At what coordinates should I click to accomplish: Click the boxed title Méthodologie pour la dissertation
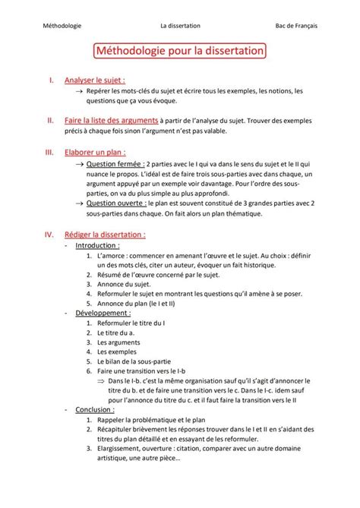[x=180, y=52]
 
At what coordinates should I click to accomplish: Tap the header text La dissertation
[x=180, y=25]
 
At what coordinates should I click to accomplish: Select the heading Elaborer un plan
[x=95, y=151]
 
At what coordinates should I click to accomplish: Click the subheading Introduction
[x=97, y=246]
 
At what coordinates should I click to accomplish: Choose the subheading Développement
[x=103, y=312]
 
